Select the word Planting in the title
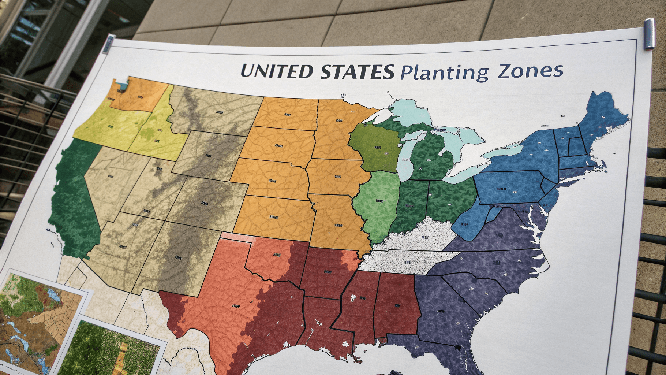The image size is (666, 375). coord(444,72)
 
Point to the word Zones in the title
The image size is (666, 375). coord(530,70)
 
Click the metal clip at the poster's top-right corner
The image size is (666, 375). coord(649,34)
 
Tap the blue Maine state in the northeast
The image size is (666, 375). coord(600,117)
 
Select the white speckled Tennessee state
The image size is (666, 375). coord(406,262)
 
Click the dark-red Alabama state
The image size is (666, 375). coord(396,304)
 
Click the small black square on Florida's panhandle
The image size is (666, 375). coord(457,347)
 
